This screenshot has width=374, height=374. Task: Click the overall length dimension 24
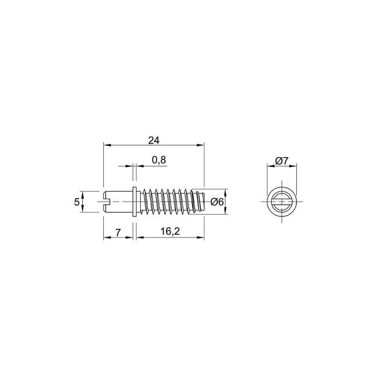pos(154,140)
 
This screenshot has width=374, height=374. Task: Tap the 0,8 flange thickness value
pos(159,160)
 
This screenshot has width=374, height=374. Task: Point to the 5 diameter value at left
pos(77,202)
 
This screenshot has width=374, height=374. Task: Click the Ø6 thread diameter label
pos(217,202)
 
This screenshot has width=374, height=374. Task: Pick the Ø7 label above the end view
pos(282,161)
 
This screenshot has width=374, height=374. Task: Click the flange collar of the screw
pos(135,202)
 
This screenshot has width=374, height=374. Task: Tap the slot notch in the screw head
pos(105,202)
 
